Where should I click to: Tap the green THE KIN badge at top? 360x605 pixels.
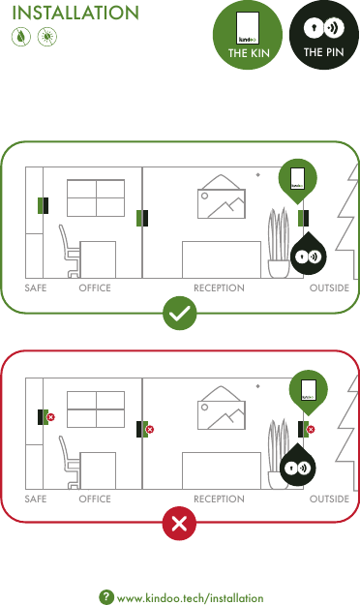pos(249,36)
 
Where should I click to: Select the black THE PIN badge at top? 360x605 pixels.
pos(323,36)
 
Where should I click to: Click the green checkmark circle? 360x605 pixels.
pos(180,315)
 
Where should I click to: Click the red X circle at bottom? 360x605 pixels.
pos(180,524)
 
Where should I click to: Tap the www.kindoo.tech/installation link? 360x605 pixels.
pos(190,598)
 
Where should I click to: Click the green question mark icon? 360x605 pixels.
pos(106,598)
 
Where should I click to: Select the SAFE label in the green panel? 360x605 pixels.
pos(36,288)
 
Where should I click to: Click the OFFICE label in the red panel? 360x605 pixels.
pos(95,499)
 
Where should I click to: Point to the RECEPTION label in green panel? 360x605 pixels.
pos(219,288)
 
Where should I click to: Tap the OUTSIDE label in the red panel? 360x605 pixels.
pos(329,499)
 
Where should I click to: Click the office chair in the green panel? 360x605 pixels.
pos(69,251)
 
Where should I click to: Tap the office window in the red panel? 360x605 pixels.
pos(96,409)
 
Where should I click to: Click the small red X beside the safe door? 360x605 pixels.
pos(51,417)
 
